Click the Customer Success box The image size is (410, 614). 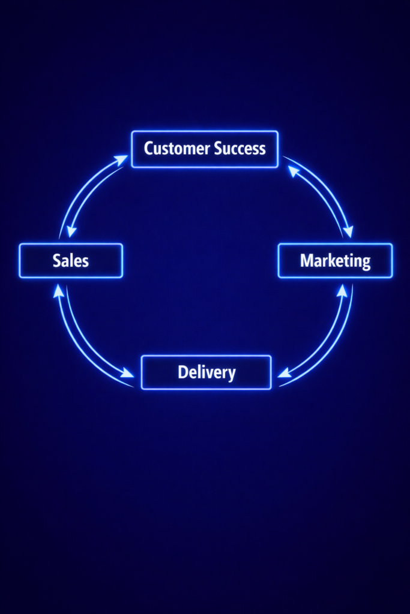pos(205,149)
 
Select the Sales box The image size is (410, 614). pos(71,261)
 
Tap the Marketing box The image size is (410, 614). pos(335,261)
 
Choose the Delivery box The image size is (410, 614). pos(206,372)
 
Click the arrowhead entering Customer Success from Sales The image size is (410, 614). pos(121,159)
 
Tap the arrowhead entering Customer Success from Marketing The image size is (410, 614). pos(293,171)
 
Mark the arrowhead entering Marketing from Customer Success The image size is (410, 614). pos(348,231)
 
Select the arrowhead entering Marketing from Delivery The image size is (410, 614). pos(342,290)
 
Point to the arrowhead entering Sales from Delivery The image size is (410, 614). pos(58,291)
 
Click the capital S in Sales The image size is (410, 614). pos(57,261)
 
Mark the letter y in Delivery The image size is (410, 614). pos(231,374)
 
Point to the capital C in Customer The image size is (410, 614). pos(149,149)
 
